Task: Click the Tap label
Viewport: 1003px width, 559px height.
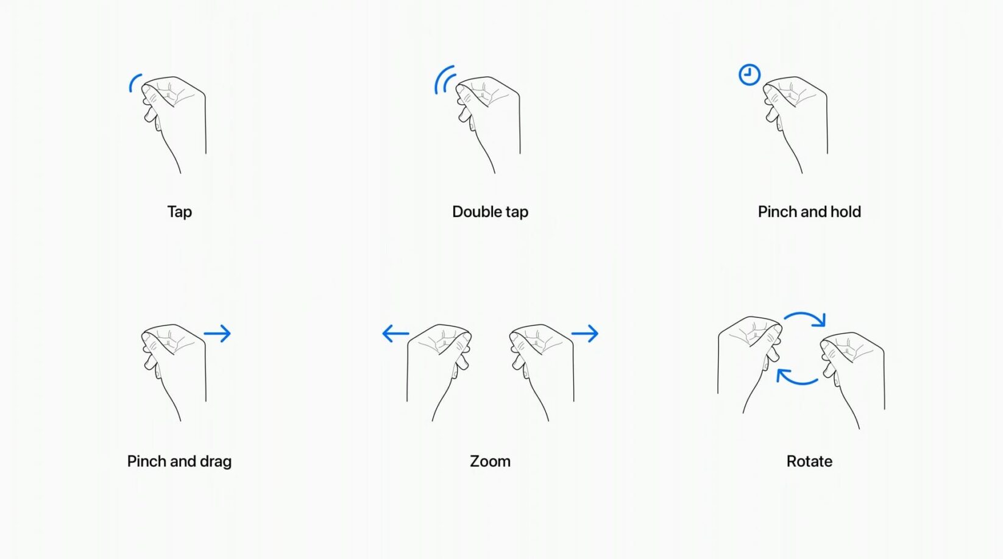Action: [180, 212]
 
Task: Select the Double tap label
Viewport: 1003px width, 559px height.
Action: [491, 212]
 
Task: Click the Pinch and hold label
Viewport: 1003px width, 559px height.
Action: [809, 212]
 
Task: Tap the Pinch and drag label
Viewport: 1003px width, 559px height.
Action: [179, 461]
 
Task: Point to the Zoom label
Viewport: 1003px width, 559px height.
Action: [491, 461]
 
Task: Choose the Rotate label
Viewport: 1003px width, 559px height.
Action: [809, 461]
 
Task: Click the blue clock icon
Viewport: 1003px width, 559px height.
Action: [749, 75]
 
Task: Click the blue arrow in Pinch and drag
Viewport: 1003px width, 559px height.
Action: [217, 333]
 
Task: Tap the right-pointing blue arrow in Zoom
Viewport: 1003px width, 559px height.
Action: [585, 333]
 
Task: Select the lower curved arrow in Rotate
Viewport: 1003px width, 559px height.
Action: [797, 383]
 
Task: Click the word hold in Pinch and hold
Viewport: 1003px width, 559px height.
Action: [846, 211]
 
